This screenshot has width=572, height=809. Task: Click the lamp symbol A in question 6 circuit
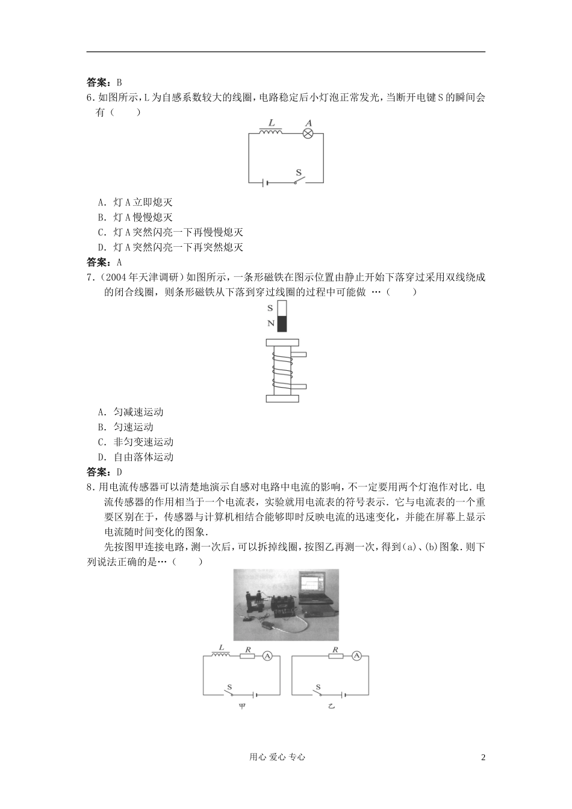click(308, 132)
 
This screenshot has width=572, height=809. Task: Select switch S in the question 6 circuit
click(299, 180)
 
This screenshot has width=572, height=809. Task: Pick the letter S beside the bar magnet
click(270, 308)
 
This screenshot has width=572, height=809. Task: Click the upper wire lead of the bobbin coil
click(302, 353)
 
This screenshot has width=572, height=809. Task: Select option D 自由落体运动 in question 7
click(135, 457)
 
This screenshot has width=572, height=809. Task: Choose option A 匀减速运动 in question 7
click(131, 412)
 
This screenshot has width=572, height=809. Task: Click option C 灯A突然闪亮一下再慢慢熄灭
click(170, 232)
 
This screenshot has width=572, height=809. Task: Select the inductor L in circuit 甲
click(221, 656)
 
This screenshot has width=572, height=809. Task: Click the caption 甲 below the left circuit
click(242, 705)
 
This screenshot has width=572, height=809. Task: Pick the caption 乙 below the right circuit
click(331, 705)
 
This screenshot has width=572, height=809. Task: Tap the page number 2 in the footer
click(483, 758)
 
